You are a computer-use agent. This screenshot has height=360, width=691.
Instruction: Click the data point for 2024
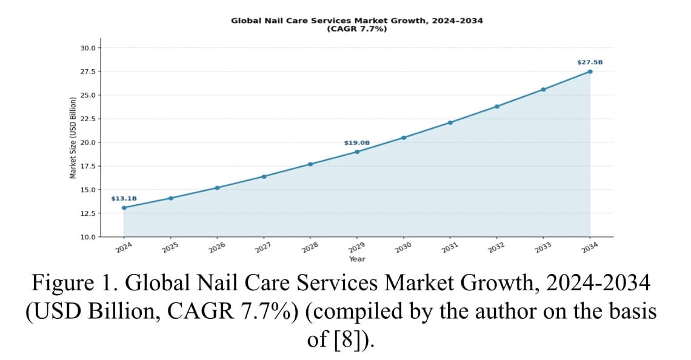tap(124, 207)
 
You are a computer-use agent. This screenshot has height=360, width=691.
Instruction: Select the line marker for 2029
tap(357, 152)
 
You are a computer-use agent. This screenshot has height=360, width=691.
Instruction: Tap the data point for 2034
tap(590, 72)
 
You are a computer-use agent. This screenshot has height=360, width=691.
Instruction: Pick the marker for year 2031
tap(450, 122)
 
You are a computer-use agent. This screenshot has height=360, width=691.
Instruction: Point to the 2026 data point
tap(217, 188)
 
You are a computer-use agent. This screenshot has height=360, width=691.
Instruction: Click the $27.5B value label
tap(590, 62)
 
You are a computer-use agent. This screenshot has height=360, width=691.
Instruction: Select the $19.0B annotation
tap(357, 143)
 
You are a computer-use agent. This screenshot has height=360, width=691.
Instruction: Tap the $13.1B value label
tap(124, 199)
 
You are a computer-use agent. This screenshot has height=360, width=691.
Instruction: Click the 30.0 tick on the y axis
tap(88, 48)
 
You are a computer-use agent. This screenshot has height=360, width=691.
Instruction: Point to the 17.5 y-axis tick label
tap(88, 166)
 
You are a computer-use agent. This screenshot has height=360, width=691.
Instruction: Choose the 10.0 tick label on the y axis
tap(88, 237)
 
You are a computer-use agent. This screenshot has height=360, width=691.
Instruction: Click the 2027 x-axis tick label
tap(263, 248)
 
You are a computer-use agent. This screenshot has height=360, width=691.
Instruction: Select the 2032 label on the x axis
tap(496, 248)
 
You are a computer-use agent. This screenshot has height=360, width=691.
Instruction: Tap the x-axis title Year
tap(357, 259)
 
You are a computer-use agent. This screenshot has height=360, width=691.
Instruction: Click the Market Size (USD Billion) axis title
tap(73, 138)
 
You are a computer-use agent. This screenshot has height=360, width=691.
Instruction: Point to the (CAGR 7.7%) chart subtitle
tap(357, 29)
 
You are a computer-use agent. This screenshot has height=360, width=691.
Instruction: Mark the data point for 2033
tap(543, 90)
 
